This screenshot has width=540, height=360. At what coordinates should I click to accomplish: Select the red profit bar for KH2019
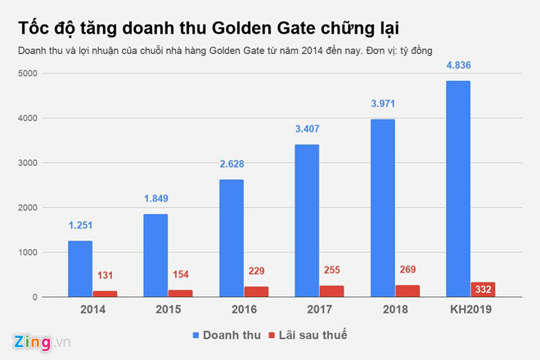(x=482, y=290)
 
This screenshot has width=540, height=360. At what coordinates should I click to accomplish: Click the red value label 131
(x=105, y=278)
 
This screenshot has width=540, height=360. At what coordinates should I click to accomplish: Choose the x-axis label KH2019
(x=470, y=309)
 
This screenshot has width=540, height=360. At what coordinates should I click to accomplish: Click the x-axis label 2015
(x=168, y=309)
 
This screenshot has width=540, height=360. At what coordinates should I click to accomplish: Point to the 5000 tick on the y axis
(x=28, y=74)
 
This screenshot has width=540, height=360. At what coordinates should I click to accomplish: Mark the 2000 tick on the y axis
(x=28, y=208)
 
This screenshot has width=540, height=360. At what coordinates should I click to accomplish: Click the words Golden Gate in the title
(x=261, y=28)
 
